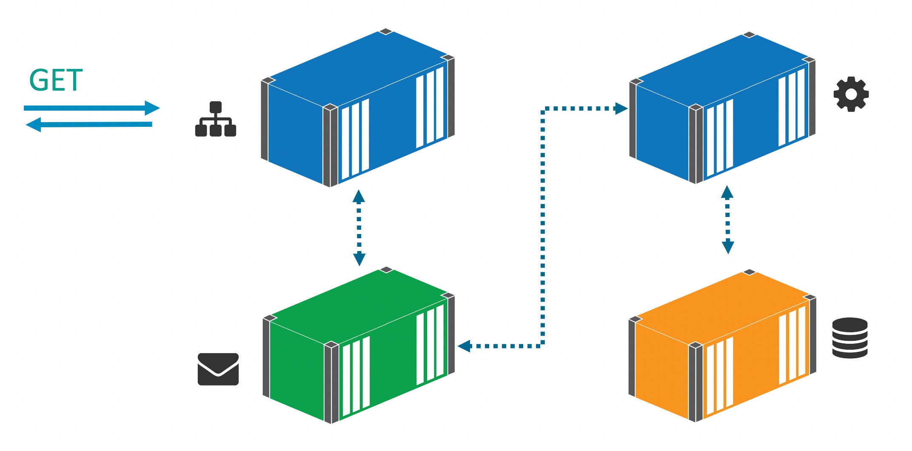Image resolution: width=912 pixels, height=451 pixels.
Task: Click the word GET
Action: coord(56,80)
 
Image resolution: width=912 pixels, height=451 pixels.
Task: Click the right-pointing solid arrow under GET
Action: coord(91,108)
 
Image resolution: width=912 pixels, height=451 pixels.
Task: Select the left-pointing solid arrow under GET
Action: coord(89,125)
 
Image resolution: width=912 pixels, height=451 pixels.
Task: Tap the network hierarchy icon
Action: coord(216,119)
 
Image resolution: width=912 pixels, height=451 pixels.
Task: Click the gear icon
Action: coord(851,94)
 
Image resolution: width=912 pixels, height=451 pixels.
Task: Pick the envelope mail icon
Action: coord(218,369)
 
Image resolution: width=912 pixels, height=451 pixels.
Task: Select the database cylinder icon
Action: coord(850,338)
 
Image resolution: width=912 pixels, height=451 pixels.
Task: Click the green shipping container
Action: coord(359,345)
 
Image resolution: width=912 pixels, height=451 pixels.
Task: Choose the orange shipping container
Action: coord(722,345)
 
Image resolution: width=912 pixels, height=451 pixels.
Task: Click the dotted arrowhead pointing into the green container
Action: coord(464,346)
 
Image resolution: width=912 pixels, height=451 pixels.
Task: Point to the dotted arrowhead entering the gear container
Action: coord(621,108)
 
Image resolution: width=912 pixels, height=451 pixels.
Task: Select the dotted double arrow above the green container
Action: coord(359,228)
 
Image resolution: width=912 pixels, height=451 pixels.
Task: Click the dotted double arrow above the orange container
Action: coord(727,220)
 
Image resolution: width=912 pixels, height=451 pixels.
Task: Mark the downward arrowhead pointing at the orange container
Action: coord(728,247)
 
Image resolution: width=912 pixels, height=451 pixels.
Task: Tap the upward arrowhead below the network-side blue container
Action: coord(359,196)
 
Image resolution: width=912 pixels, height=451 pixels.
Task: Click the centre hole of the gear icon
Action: coord(851,94)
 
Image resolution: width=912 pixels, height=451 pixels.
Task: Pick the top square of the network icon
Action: coord(216,107)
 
